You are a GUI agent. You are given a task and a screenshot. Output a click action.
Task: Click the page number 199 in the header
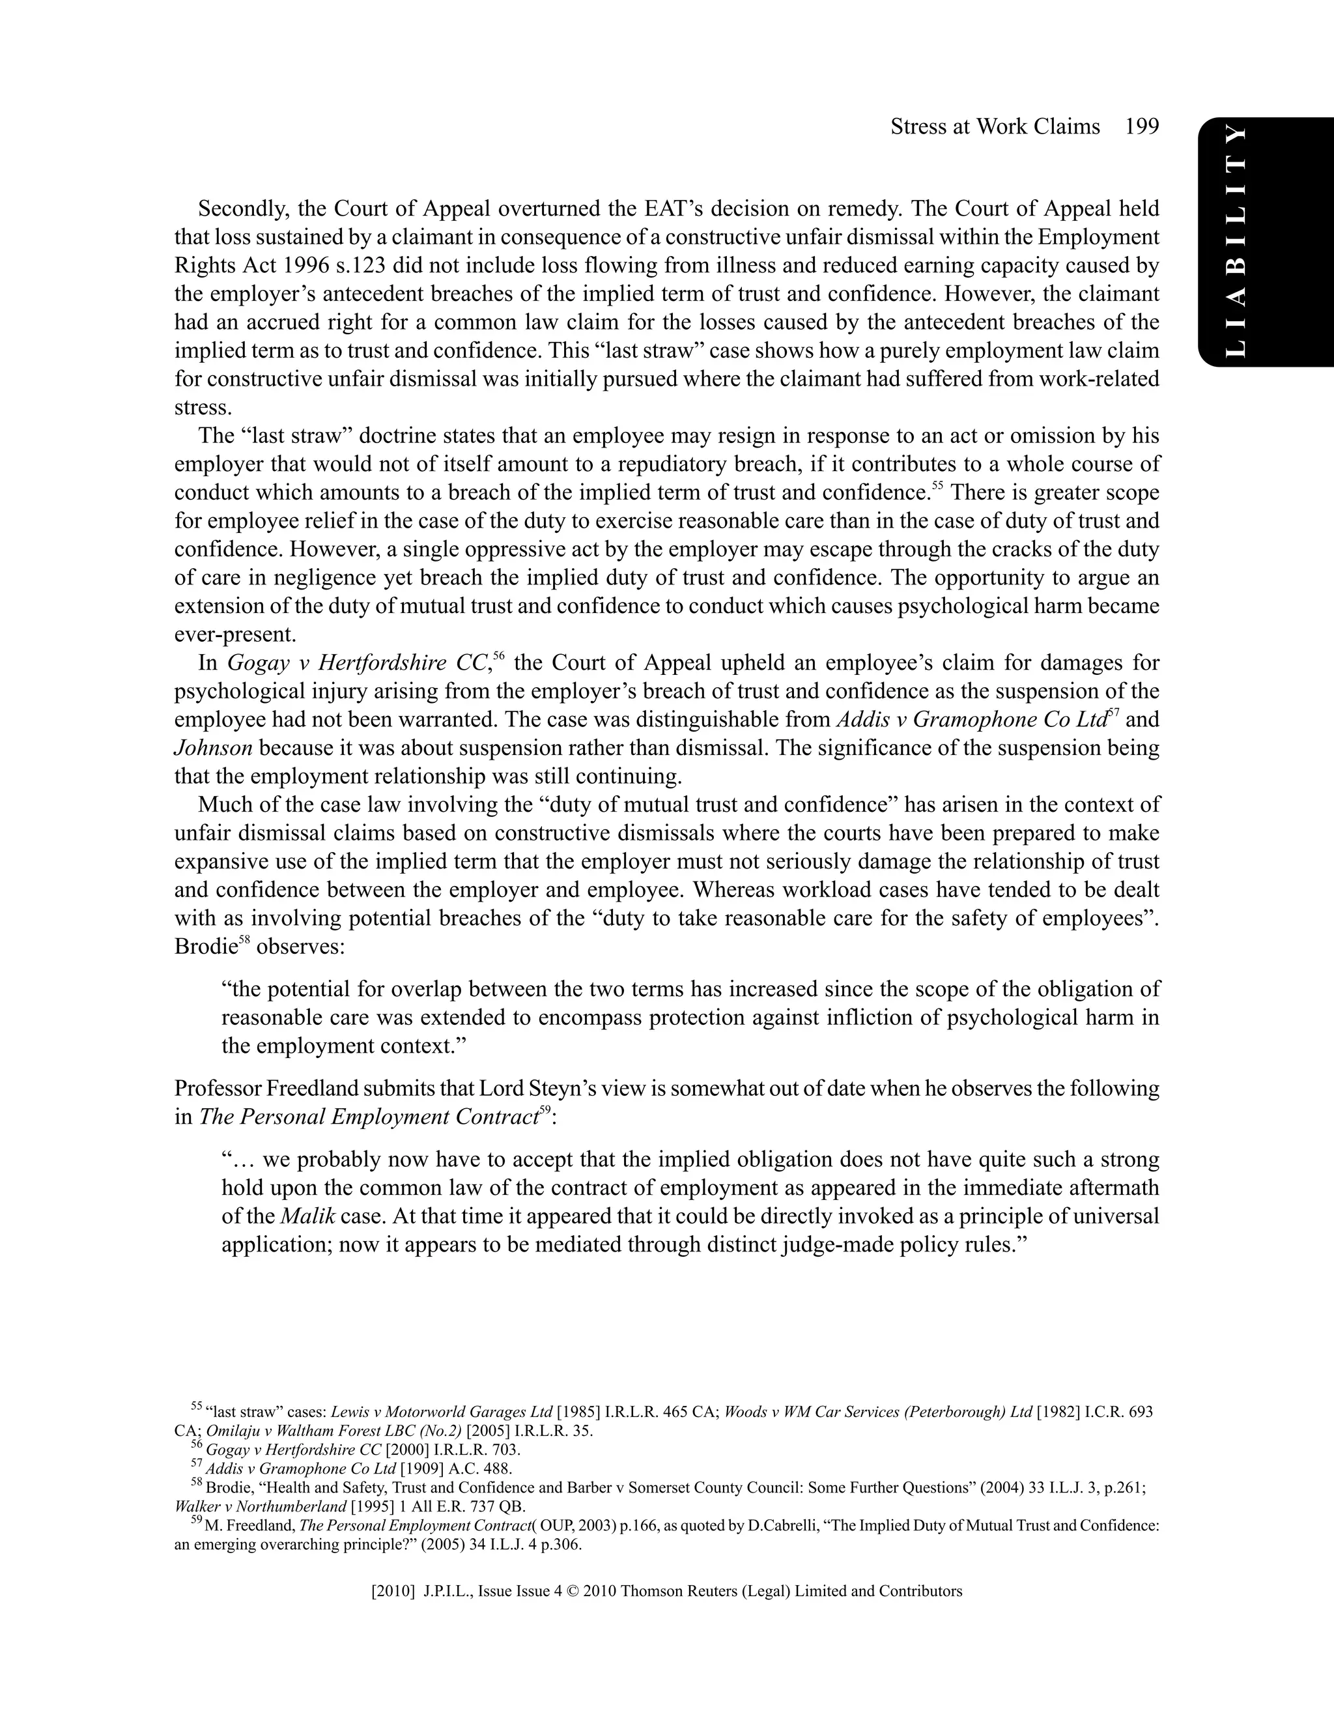pyautogui.click(x=1141, y=126)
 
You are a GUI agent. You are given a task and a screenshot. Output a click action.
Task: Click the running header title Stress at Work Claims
pyautogui.click(x=995, y=126)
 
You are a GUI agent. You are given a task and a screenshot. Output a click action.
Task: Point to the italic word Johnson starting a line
pyautogui.click(x=212, y=748)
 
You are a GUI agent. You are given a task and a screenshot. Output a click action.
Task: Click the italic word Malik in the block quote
pyautogui.click(x=308, y=1216)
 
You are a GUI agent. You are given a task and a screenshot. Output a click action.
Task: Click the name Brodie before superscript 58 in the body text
pyautogui.click(x=205, y=947)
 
